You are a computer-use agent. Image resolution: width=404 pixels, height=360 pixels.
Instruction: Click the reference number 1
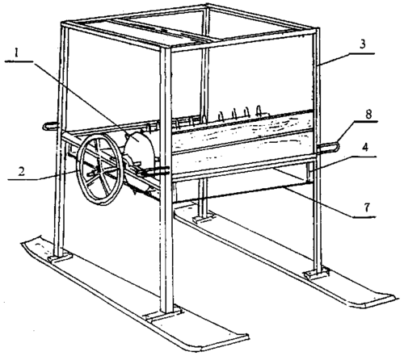coord(17,53)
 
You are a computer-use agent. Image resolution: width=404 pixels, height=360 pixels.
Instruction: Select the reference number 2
coord(22,171)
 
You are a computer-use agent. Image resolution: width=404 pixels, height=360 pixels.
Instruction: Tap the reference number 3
coord(363,44)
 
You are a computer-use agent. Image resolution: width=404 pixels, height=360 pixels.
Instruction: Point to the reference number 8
coord(368,114)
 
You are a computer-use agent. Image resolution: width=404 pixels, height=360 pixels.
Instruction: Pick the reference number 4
coord(364,148)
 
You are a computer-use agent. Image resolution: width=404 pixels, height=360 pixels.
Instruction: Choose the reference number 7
coord(368,207)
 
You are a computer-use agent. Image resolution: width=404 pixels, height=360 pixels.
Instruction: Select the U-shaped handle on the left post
coord(50,126)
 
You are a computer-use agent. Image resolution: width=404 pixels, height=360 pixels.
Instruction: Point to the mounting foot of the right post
coord(317,274)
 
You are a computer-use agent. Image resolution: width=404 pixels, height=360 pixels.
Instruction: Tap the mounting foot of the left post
coord(60,257)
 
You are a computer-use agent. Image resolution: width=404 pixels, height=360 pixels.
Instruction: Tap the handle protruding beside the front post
coord(156,172)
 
